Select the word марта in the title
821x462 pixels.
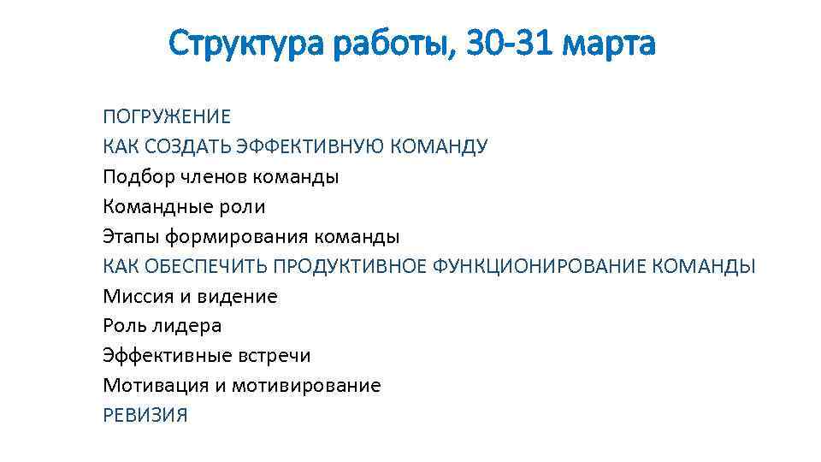pos(611,42)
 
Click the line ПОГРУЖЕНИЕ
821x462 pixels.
pos(167,116)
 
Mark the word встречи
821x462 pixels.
pos(275,356)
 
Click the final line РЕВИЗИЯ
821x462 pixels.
pos(145,416)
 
